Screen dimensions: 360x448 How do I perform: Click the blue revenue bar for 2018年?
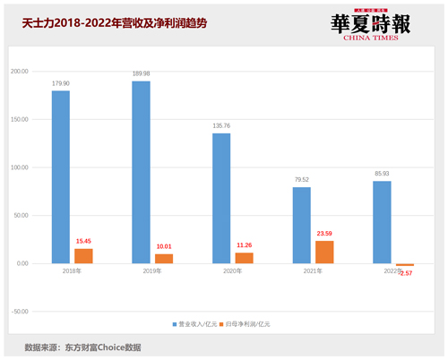[61, 176]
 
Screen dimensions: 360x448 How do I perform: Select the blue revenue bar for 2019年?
[141, 172]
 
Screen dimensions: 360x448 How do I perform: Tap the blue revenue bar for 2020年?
[221, 198]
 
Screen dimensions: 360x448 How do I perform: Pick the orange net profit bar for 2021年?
[323, 252]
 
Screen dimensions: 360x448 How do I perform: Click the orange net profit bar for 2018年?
[83, 255]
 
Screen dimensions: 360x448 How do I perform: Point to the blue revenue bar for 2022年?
[382, 222]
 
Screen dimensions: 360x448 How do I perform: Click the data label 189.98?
[141, 74]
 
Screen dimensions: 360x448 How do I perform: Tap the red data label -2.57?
[404, 271]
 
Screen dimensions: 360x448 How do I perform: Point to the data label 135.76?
[221, 126]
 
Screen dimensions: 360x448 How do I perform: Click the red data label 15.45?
[83, 242]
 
